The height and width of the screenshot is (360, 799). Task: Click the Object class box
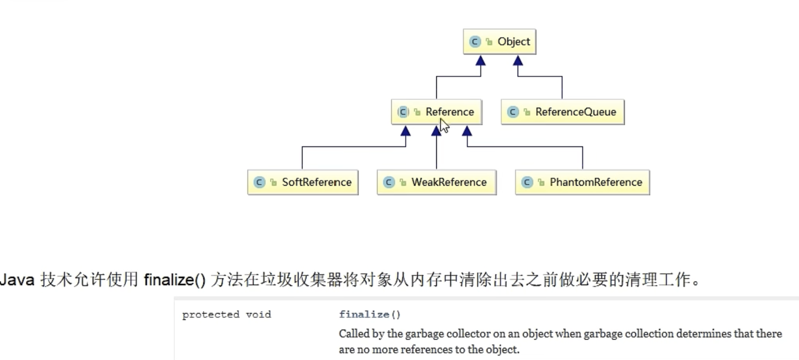coord(499,42)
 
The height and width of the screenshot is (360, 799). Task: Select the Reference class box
coord(436,112)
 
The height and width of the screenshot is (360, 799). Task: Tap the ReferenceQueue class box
coord(563,112)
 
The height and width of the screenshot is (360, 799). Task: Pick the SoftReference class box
coord(303,182)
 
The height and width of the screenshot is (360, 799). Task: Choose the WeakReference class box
coord(436,182)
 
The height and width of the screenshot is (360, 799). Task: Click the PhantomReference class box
coord(582,182)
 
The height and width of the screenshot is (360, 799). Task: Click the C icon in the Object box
coord(475,42)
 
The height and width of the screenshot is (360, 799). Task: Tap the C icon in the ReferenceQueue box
coord(513,112)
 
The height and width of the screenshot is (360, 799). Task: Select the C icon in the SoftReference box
coord(259,182)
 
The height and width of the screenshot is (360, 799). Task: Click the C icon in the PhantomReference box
coord(527,182)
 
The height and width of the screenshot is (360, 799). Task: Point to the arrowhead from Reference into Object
coord(480,61)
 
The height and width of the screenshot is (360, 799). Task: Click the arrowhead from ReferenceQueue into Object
coord(518,61)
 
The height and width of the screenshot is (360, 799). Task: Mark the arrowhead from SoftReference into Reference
coord(406,131)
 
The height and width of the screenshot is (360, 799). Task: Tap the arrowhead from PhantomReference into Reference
coord(467,131)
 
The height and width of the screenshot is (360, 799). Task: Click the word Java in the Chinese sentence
coord(17,280)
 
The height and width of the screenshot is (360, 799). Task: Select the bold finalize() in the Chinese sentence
coord(174,280)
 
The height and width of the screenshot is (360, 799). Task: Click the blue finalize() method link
coord(370,315)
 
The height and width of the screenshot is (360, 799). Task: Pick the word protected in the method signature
coord(210,315)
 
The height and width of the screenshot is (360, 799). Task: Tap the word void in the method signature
coord(258,315)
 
